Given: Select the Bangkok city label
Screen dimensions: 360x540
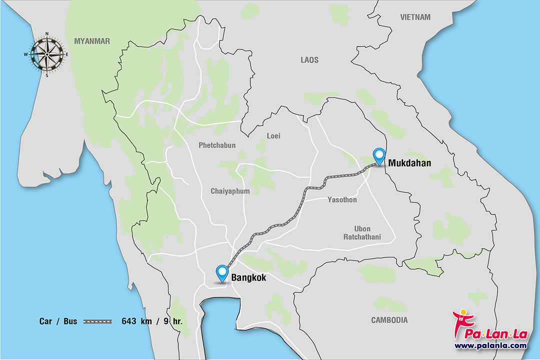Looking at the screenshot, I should pyautogui.click(x=248, y=276).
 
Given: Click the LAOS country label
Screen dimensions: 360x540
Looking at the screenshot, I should pyautogui.click(x=309, y=60).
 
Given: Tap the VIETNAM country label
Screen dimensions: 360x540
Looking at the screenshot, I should pyautogui.click(x=415, y=17).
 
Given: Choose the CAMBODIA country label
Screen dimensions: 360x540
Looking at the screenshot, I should pyautogui.click(x=389, y=320).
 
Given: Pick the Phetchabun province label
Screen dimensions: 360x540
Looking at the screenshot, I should pyautogui.click(x=216, y=145).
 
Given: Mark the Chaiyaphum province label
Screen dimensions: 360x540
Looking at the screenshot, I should pyautogui.click(x=230, y=191).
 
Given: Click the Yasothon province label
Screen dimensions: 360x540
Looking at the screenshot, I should pyautogui.click(x=342, y=200).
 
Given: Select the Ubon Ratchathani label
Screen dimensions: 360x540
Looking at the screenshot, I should pyautogui.click(x=362, y=233).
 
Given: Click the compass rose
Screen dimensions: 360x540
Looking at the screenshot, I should pyautogui.click(x=47, y=54).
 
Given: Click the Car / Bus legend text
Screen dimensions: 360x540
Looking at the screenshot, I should pyautogui.click(x=58, y=321).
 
